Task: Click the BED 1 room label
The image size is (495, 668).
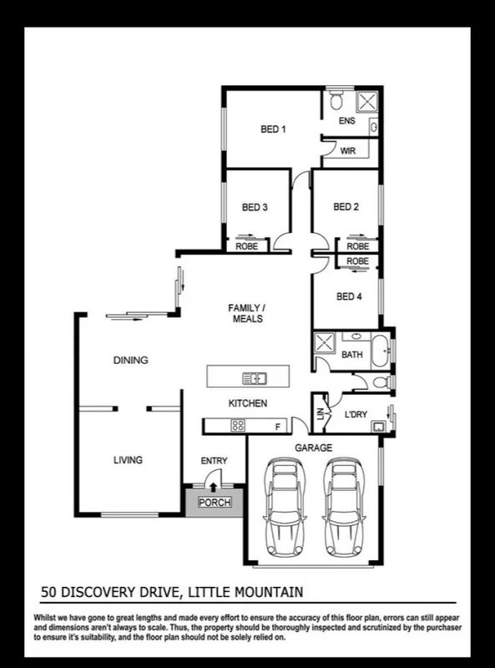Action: (x=273, y=129)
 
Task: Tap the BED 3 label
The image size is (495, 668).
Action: (x=254, y=207)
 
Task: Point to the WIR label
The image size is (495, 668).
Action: (x=347, y=151)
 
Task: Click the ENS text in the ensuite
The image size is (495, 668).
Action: (x=346, y=121)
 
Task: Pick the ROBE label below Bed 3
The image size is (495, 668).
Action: (x=246, y=247)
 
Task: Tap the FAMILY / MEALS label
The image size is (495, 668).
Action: (x=246, y=313)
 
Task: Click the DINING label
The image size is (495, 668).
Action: (x=130, y=361)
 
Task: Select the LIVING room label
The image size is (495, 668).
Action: (x=128, y=460)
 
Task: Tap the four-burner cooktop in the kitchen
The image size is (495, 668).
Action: (x=237, y=426)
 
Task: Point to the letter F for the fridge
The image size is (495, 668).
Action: (x=278, y=427)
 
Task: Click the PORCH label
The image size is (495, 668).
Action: (x=213, y=503)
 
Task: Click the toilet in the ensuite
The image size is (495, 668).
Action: (x=336, y=102)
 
